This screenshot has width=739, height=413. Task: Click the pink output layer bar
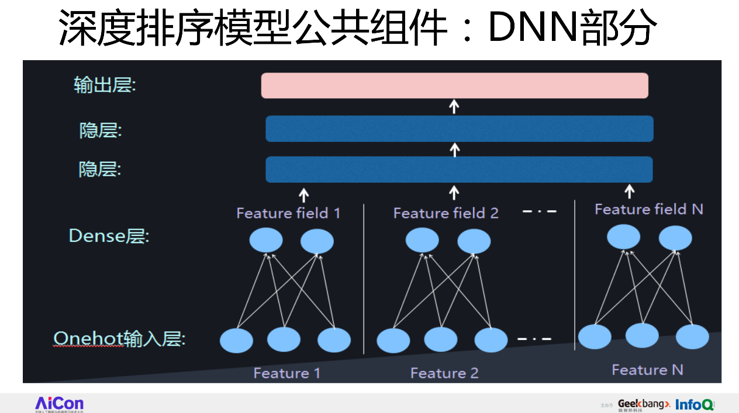click(x=454, y=85)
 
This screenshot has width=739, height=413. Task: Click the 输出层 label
click(x=104, y=85)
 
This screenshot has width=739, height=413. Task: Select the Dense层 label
click(x=109, y=236)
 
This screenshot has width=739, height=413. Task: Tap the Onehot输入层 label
click(x=119, y=339)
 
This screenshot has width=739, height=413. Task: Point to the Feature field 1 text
click(x=288, y=213)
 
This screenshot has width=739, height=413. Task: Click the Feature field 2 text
click(x=446, y=213)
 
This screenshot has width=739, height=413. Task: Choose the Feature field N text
click(x=648, y=209)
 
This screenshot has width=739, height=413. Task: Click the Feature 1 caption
click(x=286, y=373)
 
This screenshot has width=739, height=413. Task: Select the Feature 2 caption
click(x=444, y=373)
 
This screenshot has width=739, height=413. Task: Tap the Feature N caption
click(x=647, y=370)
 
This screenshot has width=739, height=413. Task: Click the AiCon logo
click(x=59, y=403)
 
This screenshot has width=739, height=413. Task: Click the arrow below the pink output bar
click(x=454, y=106)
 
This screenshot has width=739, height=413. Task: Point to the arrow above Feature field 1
click(x=303, y=194)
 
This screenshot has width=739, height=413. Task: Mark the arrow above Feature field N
click(x=629, y=191)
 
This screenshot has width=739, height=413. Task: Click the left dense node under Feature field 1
click(x=266, y=241)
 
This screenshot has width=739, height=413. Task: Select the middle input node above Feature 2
click(x=440, y=339)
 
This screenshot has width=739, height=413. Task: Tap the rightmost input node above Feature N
click(x=692, y=336)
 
